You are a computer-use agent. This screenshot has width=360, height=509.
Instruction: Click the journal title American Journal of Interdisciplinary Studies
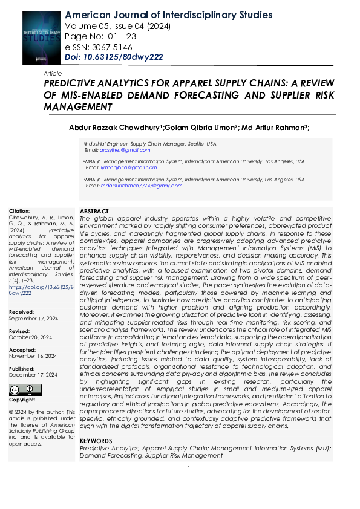160,15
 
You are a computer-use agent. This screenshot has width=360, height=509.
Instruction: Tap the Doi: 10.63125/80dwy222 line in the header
113,57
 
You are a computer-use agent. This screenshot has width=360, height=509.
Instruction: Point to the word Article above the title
53,73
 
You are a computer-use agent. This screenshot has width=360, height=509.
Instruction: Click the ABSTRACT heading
94,210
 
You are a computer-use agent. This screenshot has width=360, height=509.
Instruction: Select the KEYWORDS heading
96,441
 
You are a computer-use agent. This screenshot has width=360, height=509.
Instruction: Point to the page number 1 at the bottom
189,468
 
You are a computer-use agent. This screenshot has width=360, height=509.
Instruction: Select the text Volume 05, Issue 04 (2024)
117,26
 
